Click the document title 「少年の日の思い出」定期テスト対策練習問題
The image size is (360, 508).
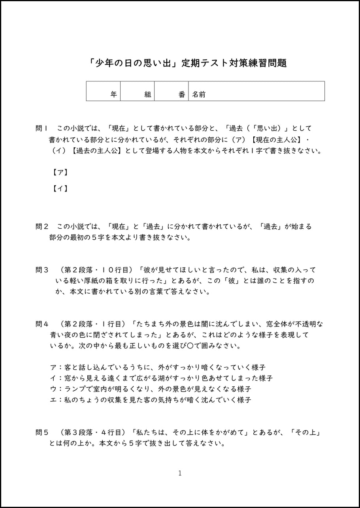click(188, 63)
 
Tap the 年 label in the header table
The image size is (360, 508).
click(114, 94)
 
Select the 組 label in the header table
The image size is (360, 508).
click(148, 94)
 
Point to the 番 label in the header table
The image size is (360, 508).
click(182, 94)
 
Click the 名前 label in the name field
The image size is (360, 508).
click(199, 94)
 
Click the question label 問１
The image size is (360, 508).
click(41, 128)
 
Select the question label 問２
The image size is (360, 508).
click(42, 227)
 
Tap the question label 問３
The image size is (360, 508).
click(42, 270)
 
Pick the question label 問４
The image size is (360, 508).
click(42, 324)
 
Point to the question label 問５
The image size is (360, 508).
click(42, 433)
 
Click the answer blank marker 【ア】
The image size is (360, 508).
click(60, 172)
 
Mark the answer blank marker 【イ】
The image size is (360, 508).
click(60, 189)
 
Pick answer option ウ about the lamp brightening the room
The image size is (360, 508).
click(150, 389)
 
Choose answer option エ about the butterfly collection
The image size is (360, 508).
click(150, 400)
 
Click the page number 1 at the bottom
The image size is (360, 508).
click(180, 473)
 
